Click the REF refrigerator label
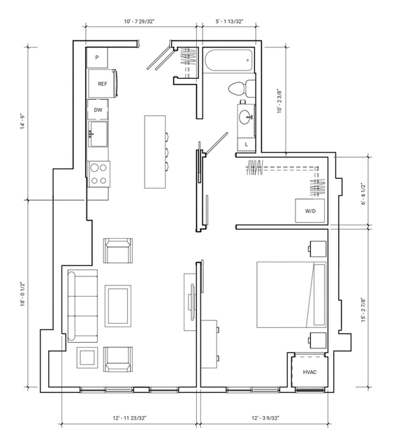click(x=103, y=84)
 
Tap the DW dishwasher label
click(x=98, y=110)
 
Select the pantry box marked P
click(x=97, y=58)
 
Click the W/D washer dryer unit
click(x=310, y=211)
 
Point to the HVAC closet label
click(x=309, y=372)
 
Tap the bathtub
click(x=228, y=61)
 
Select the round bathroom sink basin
click(x=245, y=117)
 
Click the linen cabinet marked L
click(x=247, y=144)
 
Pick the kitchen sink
click(x=98, y=134)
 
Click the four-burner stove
click(x=98, y=174)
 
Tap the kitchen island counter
click(x=155, y=151)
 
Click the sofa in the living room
click(x=82, y=306)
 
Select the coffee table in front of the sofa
click(x=118, y=306)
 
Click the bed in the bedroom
click(x=291, y=295)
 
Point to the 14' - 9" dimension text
click(x=22, y=121)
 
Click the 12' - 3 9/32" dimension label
click(x=265, y=418)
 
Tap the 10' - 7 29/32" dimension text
click(x=139, y=22)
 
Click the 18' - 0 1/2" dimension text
click(x=23, y=294)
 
